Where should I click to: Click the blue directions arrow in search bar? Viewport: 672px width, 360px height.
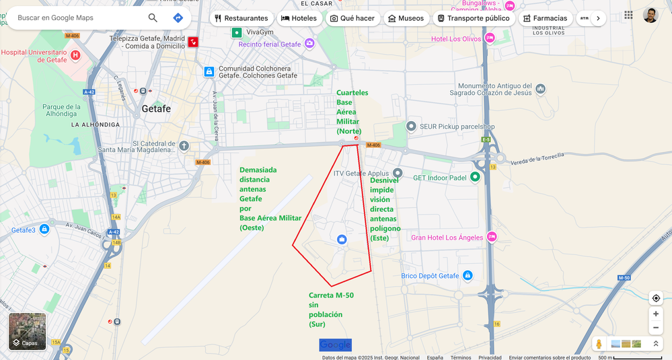pyautogui.click(x=178, y=17)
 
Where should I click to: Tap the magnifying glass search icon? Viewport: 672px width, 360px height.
pyautogui.click(x=153, y=17)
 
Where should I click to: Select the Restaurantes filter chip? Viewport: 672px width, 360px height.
pyautogui.click(x=241, y=18)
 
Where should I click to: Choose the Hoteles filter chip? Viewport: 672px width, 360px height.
pyautogui.click(x=298, y=18)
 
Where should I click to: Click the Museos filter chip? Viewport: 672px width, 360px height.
pyautogui.click(x=406, y=18)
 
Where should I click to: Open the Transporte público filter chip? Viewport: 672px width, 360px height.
pyautogui.click(x=473, y=18)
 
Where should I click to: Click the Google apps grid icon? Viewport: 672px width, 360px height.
pyautogui.click(x=628, y=15)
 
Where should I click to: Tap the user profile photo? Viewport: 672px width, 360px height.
pyautogui.click(x=650, y=15)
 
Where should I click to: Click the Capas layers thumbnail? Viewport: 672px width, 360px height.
pyautogui.click(x=28, y=331)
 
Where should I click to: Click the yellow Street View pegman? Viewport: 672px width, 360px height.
pyautogui.click(x=599, y=344)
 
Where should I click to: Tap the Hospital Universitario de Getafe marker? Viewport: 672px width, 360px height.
pyautogui.click(x=75, y=55)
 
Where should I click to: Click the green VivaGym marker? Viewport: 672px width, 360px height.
pyautogui.click(x=237, y=32)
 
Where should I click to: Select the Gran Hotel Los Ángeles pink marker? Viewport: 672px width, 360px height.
pyautogui.click(x=492, y=237)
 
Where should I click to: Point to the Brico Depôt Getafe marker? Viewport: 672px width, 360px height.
pyautogui.click(x=468, y=275)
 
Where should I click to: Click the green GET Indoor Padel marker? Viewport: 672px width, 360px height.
pyautogui.click(x=475, y=177)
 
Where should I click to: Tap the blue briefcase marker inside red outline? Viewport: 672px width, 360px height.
pyautogui.click(x=342, y=240)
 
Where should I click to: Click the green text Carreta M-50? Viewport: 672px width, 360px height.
pyautogui.click(x=331, y=295)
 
